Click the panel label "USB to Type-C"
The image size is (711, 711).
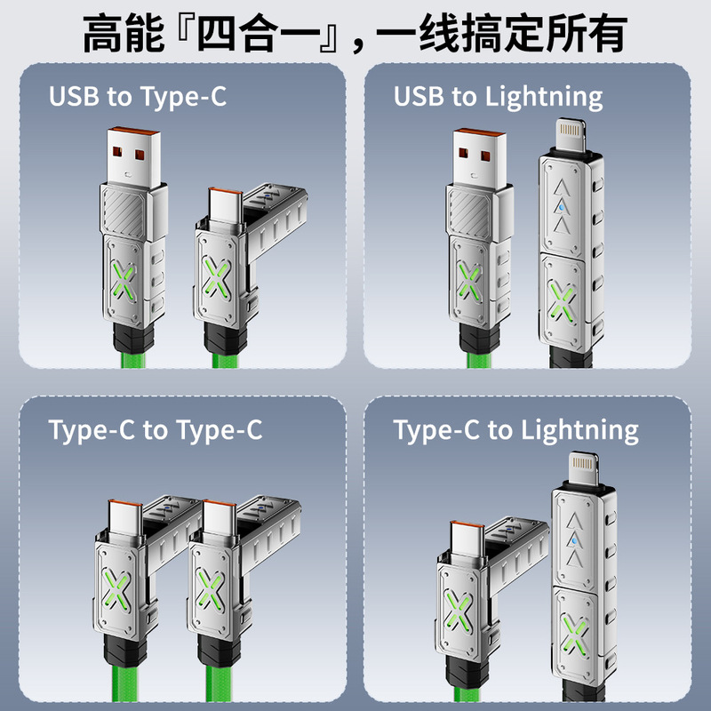tap(138, 96)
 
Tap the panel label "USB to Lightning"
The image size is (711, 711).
tap(499, 96)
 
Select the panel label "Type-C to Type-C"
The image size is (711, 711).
tap(156, 431)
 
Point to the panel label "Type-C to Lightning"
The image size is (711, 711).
tap(516, 431)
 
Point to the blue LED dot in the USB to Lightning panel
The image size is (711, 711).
tap(561, 211)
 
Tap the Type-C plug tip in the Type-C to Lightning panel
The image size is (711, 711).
tap(465, 543)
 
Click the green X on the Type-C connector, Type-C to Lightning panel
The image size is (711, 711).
tap(459, 612)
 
